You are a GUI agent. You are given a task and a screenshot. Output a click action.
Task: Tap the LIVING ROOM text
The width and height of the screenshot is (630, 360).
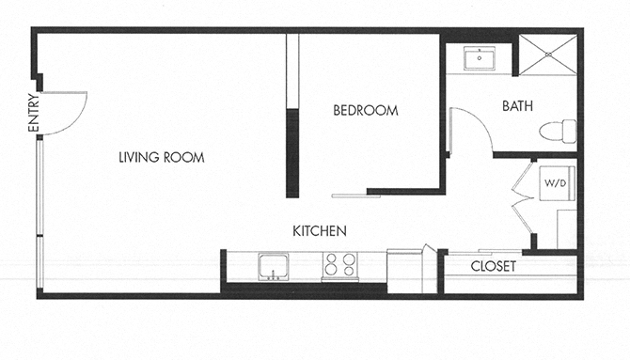tap(162, 157)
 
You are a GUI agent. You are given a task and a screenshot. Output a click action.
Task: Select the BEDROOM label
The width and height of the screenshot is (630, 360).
tap(366, 111)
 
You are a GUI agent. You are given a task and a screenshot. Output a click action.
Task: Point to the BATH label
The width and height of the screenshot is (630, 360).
tap(517, 106)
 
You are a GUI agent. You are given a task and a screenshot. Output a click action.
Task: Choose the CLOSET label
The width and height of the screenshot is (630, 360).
tap(494, 266)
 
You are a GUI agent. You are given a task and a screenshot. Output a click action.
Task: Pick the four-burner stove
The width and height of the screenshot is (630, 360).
tap(339, 266)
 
